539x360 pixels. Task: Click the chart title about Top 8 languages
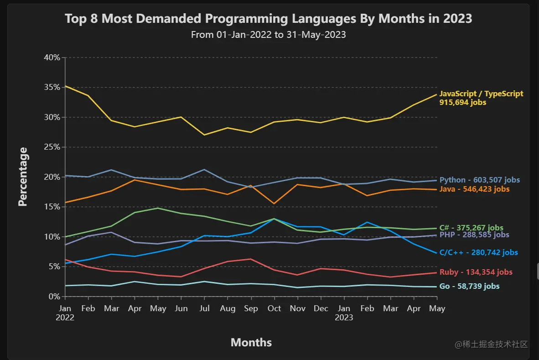(268, 19)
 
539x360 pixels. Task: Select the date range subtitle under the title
(268, 35)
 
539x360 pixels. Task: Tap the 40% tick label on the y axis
(52, 57)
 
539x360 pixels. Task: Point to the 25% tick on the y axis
(52, 147)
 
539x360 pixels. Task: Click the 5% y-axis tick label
(54, 266)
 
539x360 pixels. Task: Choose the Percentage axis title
(23, 177)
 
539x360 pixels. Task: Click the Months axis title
(251, 342)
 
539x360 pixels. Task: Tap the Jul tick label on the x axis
(205, 308)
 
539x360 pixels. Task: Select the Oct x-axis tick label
(274, 308)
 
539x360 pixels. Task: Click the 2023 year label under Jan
(344, 318)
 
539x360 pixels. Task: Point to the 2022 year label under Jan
(65, 318)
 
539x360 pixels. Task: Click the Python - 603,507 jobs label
(479, 180)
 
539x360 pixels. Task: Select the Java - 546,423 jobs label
(474, 189)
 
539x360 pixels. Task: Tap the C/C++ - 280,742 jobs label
(478, 253)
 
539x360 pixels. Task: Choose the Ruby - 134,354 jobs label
(476, 272)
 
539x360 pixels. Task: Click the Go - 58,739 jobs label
(469, 287)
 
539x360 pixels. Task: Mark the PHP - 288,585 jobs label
(474, 235)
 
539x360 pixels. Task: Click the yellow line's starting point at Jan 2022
(65, 86)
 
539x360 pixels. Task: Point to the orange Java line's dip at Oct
(274, 203)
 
